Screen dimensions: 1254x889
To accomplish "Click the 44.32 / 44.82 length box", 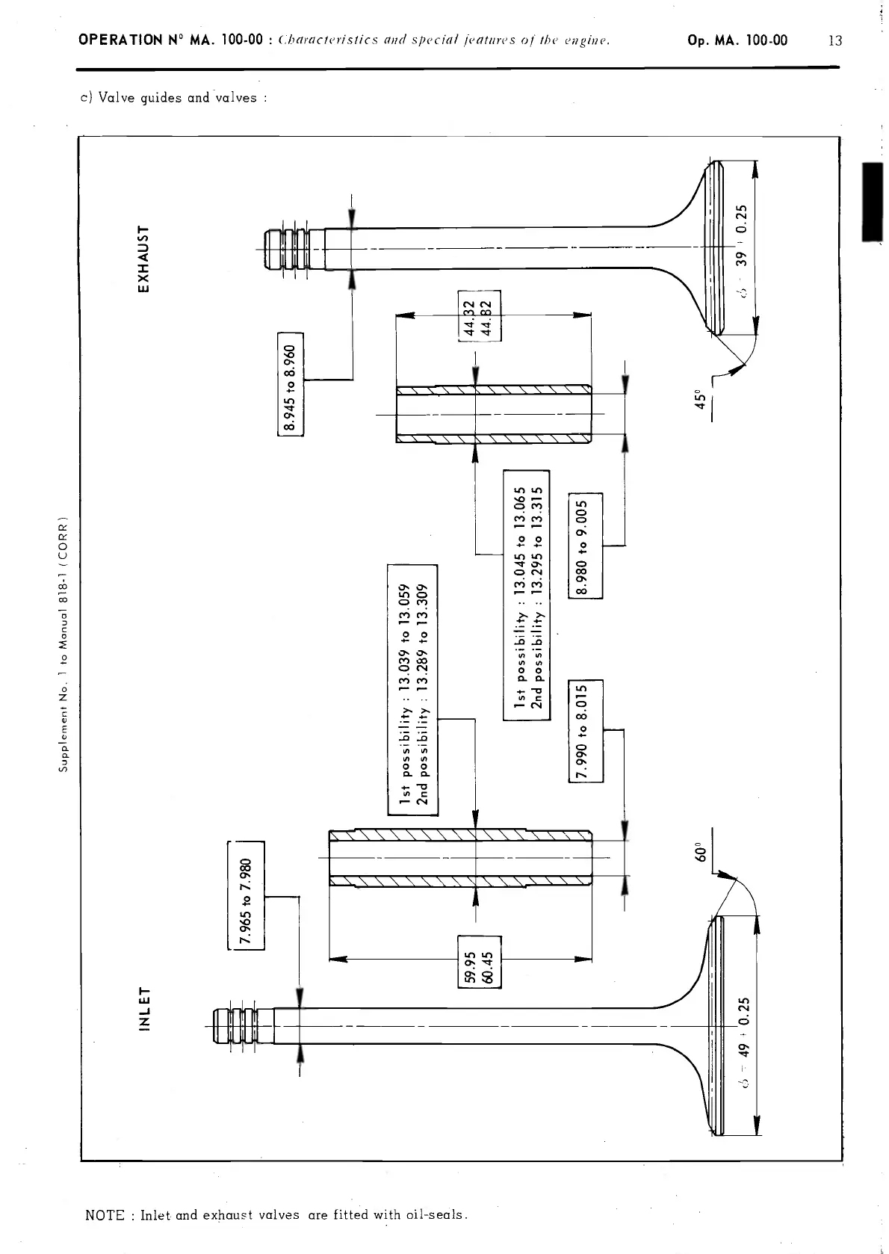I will pos(480,315).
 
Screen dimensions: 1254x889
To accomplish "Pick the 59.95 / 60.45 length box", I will pos(480,961).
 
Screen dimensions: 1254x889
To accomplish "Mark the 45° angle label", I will pos(699,400).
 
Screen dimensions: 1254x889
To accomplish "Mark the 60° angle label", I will pos(699,853).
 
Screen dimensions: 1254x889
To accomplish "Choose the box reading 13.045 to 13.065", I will pos(527,594).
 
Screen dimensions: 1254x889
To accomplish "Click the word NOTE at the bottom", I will pos(105,1214).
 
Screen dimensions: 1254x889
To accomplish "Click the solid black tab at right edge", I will pos(872,202).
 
